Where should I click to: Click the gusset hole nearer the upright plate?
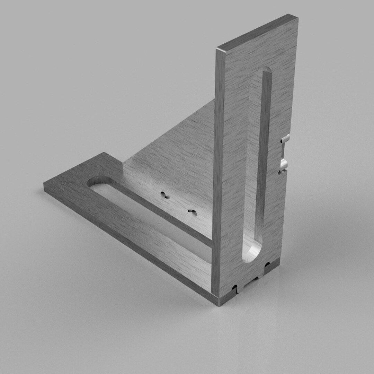tap(192, 211)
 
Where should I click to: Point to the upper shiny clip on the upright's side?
tap(285, 139)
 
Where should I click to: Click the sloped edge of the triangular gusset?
tap(173, 128)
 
